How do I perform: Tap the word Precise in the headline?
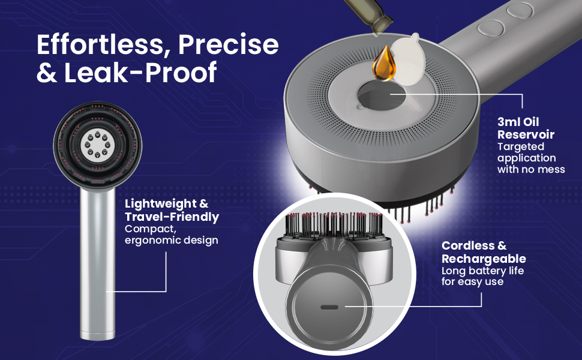point(228,44)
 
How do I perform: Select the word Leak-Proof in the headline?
point(140,73)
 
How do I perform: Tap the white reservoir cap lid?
point(407,59)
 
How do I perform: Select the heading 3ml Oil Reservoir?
point(526,128)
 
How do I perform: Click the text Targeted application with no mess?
point(531,158)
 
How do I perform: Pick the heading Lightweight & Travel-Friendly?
point(172,210)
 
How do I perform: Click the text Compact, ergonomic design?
point(172,235)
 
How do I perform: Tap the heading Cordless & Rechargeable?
point(484,252)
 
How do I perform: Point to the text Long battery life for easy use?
point(482,276)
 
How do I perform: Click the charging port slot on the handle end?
point(329,307)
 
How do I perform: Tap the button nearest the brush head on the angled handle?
point(490,28)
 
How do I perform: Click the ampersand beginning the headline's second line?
point(46,73)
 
